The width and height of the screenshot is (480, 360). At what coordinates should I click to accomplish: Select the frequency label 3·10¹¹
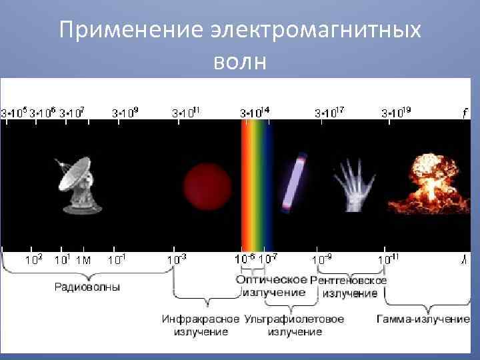[x=187, y=112]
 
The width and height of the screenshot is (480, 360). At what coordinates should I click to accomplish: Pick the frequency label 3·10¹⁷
[x=329, y=112]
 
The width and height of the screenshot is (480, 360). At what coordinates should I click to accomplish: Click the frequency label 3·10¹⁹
[x=397, y=112]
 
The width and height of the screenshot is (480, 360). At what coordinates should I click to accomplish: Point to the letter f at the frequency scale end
[x=464, y=113]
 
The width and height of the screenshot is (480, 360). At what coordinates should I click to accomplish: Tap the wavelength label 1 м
[x=83, y=259]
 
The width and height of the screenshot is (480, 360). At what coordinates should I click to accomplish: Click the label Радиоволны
[x=87, y=288]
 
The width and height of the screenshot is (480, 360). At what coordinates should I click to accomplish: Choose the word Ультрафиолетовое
[x=295, y=319]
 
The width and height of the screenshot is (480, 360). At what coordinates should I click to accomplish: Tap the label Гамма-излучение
[x=423, y=319]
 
